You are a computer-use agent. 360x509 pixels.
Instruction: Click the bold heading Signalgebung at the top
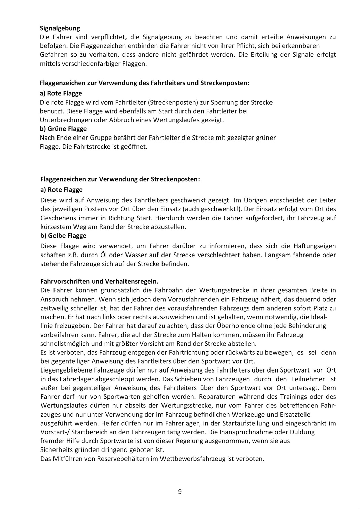pyautogui.click(x=60, y=28)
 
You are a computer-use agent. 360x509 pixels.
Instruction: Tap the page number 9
pyautogui.click(x=180, y=492)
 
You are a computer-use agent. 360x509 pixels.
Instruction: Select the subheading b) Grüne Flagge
pyautogui.click(x=63, y=129)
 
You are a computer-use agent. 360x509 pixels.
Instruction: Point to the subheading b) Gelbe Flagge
pyautogui.click(x=63, y=236)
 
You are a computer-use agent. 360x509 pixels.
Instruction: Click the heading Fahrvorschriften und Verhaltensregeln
pyautogui.click(x=99, y=281)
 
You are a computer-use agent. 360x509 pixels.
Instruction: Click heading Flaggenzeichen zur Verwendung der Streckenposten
pyautogui.click(x=120, y=179)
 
